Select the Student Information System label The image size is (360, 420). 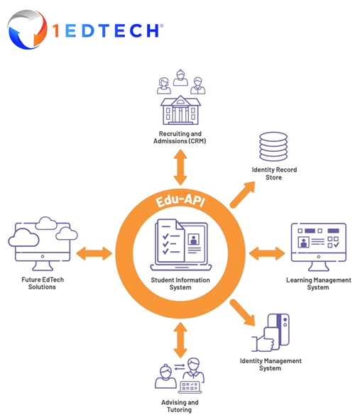click(180, 284)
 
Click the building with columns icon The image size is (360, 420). click(181, 111)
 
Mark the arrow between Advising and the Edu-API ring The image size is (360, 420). click(180, 339)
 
